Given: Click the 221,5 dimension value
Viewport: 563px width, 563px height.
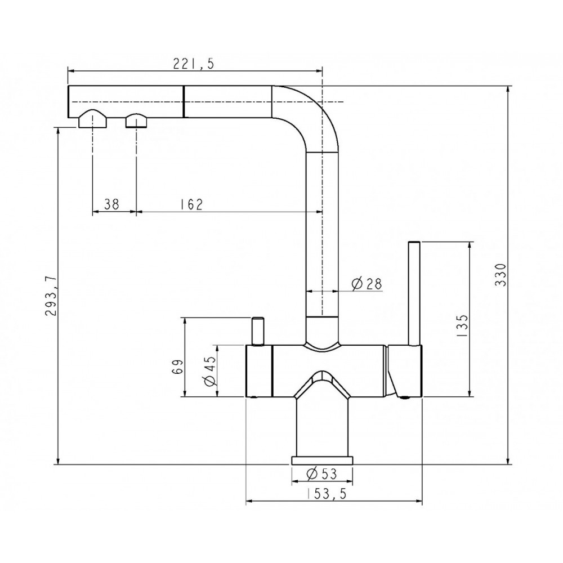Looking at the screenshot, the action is [194, 64].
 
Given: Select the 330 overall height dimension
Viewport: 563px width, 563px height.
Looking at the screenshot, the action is [500, 275].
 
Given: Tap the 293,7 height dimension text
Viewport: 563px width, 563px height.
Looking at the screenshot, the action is [51, 296].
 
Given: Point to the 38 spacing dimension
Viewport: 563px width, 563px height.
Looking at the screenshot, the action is [111, 204].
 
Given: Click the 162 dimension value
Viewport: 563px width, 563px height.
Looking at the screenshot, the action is [191, 204].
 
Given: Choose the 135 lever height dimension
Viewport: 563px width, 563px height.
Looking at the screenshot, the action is [463, 325].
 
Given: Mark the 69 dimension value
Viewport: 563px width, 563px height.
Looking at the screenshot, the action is [178, 367].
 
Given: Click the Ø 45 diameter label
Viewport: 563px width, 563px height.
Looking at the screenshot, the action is [211, 370].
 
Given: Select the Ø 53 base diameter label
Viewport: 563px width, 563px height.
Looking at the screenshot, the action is [322, 474].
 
